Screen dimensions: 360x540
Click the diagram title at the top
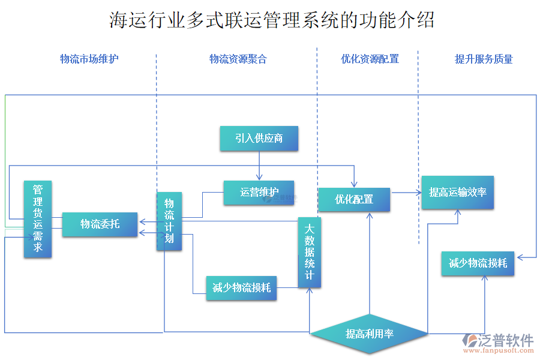coord(272,20)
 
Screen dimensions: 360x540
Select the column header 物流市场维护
coord(89,59)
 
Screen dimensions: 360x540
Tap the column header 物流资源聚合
coord(238,59)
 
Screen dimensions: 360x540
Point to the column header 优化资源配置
coord(370,59)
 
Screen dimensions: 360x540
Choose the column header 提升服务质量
coord(484,59)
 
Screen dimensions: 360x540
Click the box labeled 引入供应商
coord(259,139)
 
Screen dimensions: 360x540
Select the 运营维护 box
coord(259,193)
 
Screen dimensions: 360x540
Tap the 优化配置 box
coord(354,200)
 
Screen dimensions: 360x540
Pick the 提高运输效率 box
coord(458,193)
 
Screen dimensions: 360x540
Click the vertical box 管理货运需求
coord(38,220)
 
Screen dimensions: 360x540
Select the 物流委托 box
coord(100,224)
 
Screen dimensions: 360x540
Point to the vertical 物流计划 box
coord(169,221)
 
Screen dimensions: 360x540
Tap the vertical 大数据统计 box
coord(310,252)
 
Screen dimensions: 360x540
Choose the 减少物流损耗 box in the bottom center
coord(242,288)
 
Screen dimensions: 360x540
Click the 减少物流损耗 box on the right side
coord(478,263)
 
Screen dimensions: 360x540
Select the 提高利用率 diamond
coord(370,334)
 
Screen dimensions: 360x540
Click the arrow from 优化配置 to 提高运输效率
coord(406,193)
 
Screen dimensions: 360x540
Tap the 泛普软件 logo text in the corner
coord(506,340)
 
